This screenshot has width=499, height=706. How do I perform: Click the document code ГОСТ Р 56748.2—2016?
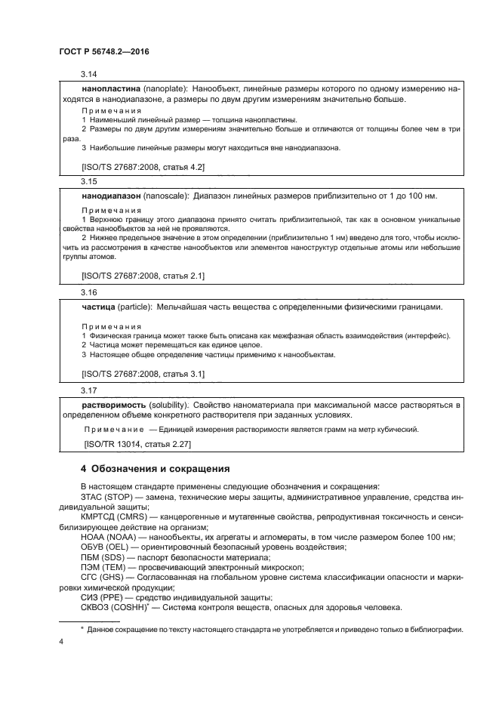tap(103, 51)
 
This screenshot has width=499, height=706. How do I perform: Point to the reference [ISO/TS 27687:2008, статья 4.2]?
tap(142, 165)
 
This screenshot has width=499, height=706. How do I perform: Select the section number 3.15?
tap(89, 182)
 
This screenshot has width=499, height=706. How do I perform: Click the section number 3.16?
tap(89, 292)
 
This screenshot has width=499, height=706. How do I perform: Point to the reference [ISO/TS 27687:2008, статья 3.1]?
tap(142, 374)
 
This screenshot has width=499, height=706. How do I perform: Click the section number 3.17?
tap(89, 390)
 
